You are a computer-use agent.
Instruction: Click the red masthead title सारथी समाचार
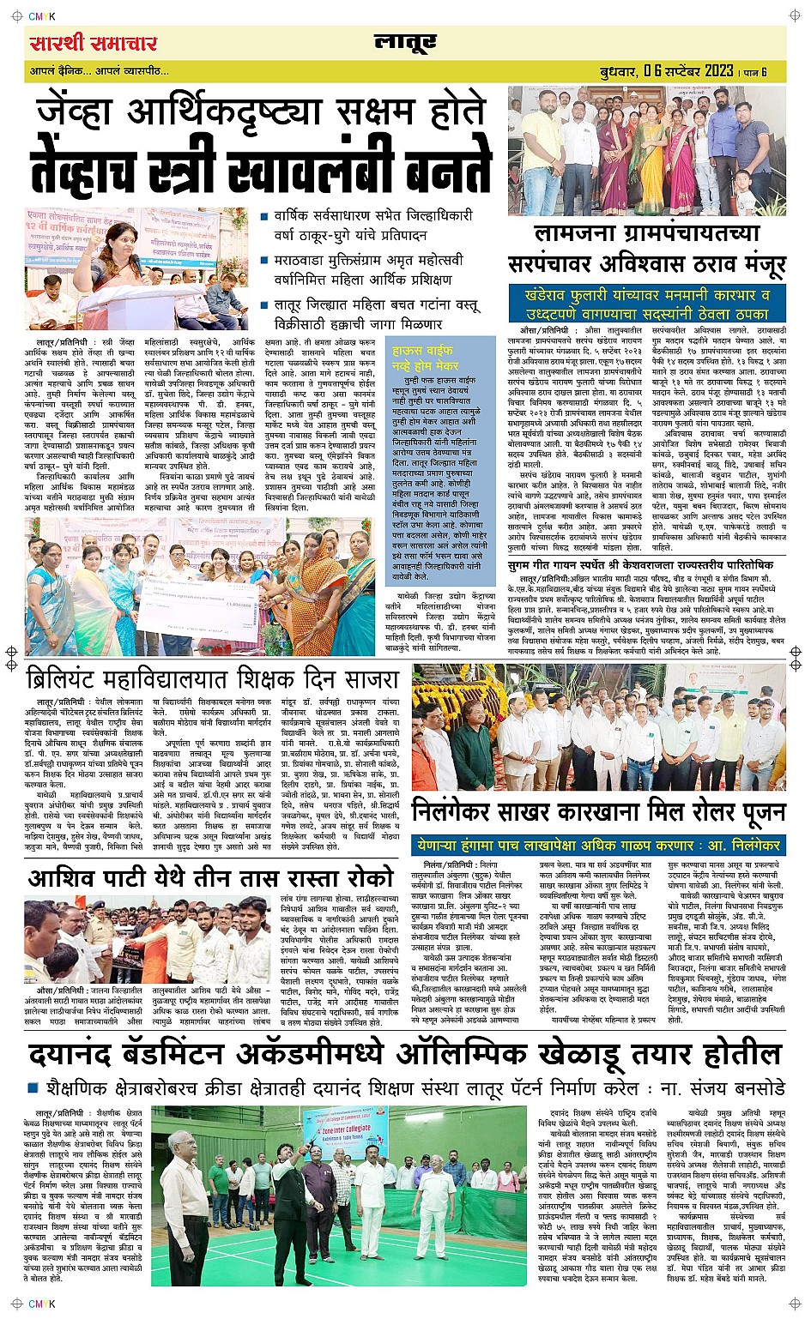93,44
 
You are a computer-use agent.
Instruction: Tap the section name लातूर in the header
405,42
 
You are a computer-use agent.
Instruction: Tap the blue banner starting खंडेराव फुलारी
647,304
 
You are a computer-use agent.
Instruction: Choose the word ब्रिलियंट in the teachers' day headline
81,679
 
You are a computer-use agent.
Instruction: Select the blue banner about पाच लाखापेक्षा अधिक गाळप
597,844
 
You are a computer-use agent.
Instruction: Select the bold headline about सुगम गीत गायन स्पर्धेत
639,565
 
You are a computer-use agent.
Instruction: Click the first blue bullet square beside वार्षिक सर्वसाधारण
265,217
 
